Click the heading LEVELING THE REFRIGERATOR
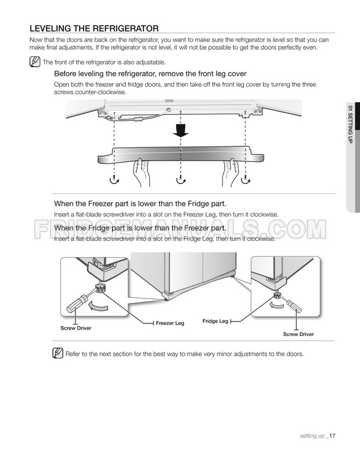[x=94, y=28]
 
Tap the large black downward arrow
[x=181, y=130]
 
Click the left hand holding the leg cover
[x=142, y=172]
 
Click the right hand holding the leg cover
[x=231, y=172]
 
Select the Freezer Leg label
[x=170, y=323]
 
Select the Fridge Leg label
[x=215, y=321]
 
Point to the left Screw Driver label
[x=75, y=328]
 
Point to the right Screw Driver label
[x=298, y=334]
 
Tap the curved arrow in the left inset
[x=98, y=306]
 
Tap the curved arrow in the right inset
[x=276, y=305]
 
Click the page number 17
[x=332, y=435]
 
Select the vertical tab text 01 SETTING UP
[x=350, y=124]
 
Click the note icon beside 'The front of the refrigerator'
[x=35, y=62]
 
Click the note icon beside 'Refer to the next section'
[x=57, y=354]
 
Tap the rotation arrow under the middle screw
[x=181, y=181]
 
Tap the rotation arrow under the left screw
[x=114, y=181]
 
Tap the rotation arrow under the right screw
[x=246, y=181]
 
